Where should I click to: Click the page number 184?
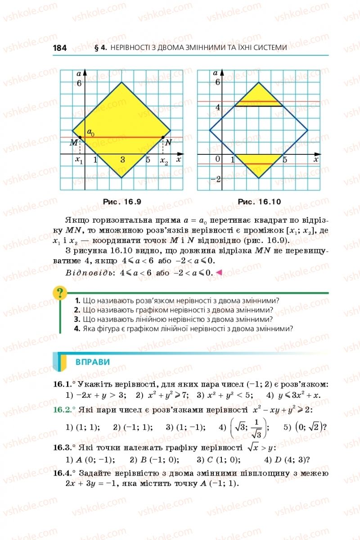tap(60, 48)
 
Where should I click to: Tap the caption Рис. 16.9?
tap(123, 202)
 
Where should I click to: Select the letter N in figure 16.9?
tap(168, 143)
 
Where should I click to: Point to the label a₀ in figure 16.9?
tap(91, 132)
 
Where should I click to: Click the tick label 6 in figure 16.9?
tap(79, 83)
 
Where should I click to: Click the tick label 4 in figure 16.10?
tap(217, 107)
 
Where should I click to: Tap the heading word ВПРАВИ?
tap(93, 362)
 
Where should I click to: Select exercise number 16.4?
tap(63, 473)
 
